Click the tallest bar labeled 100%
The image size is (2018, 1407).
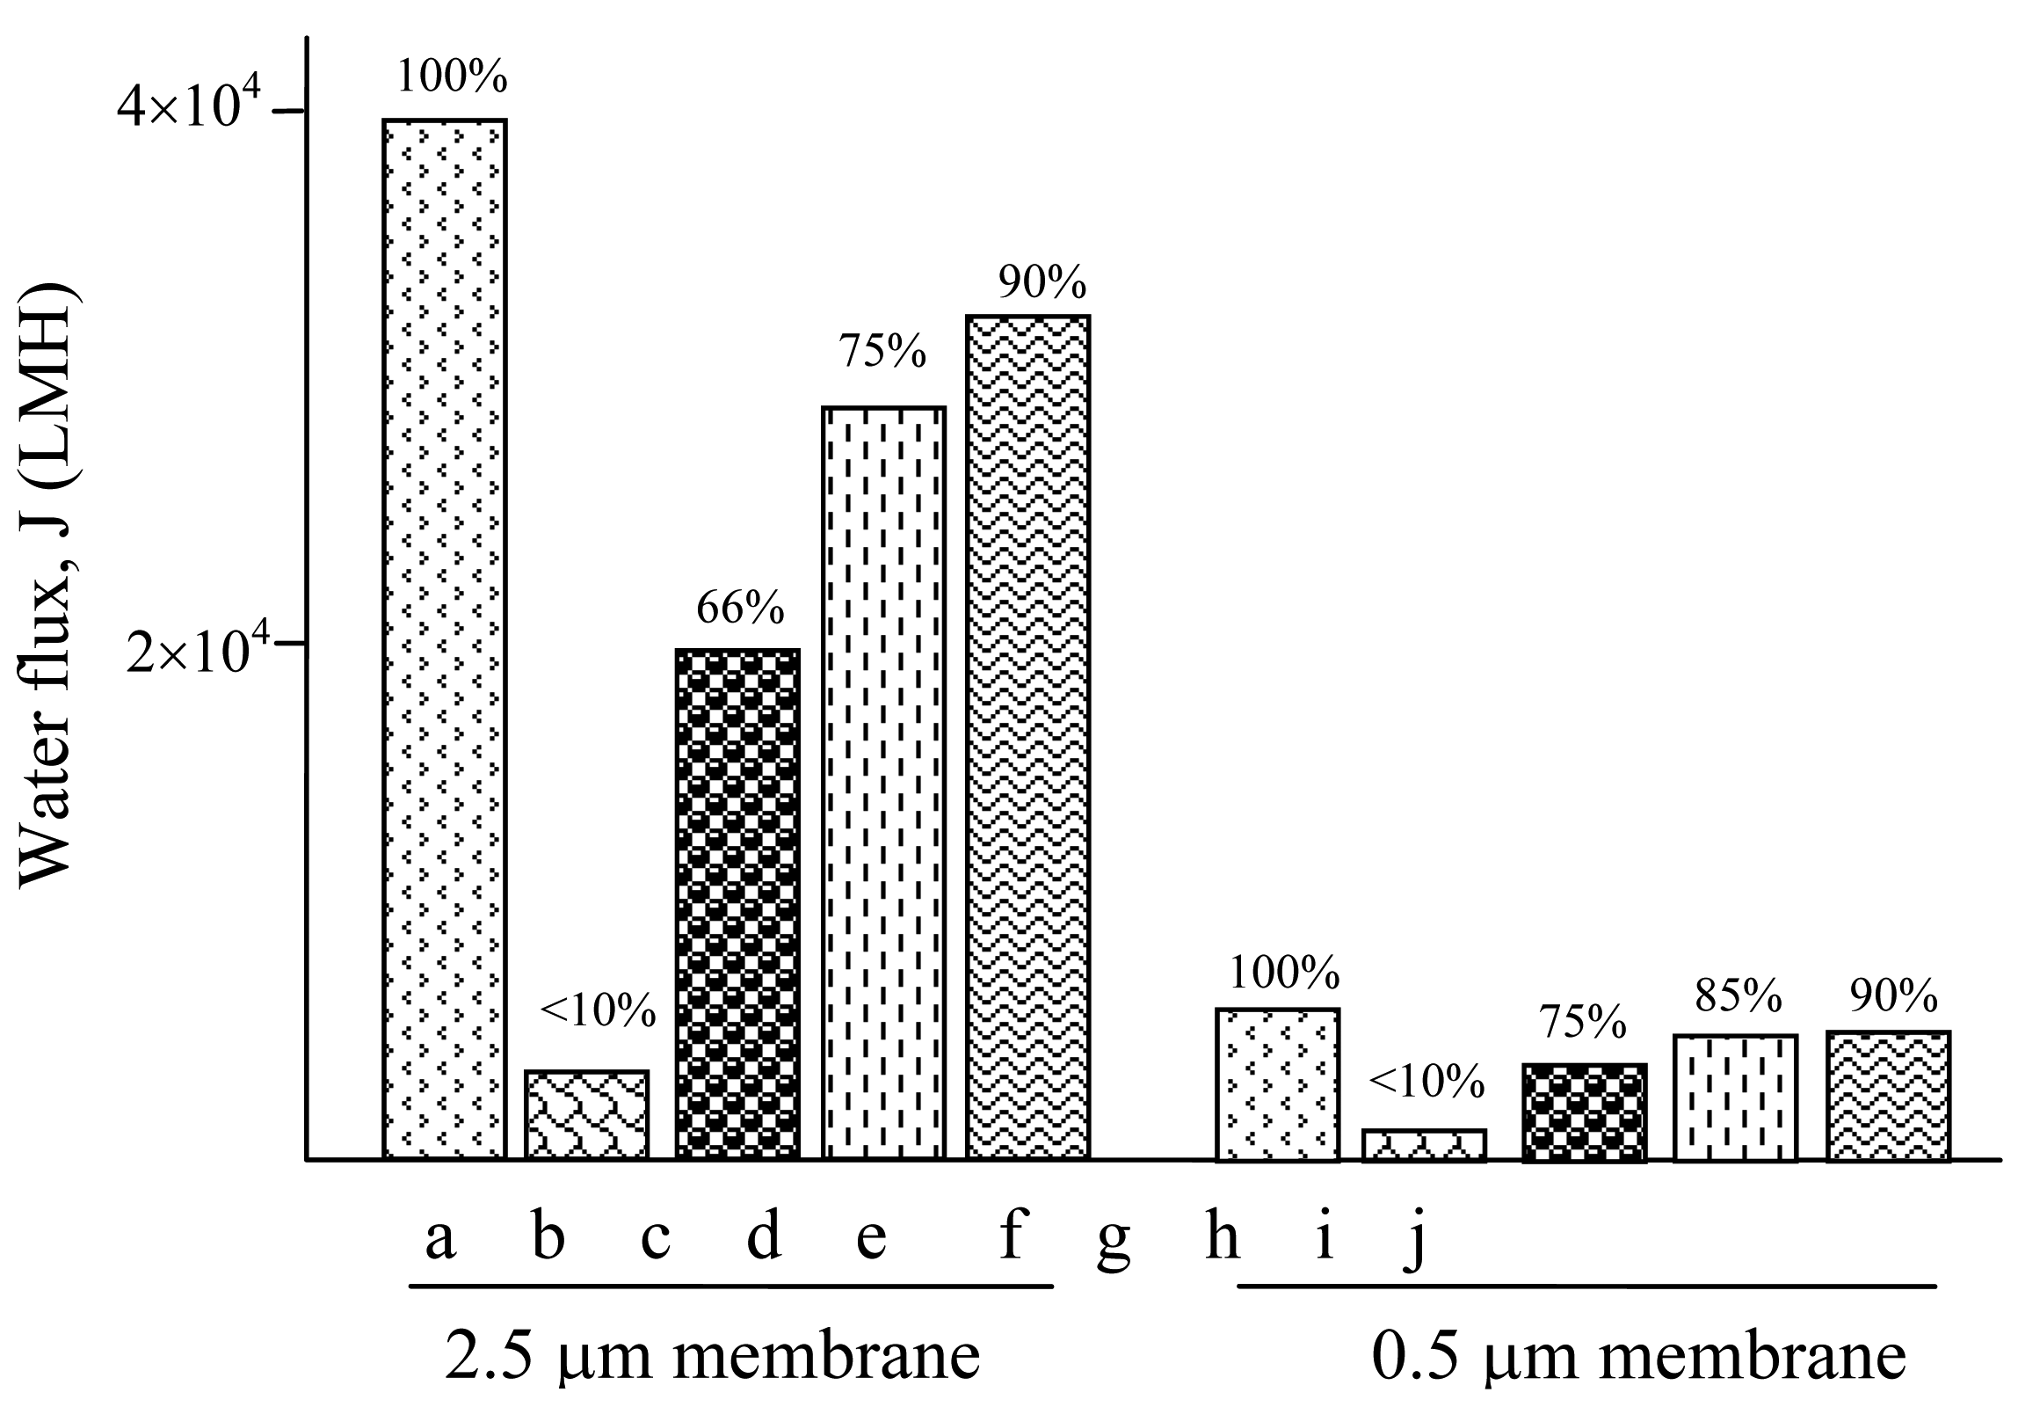pyautogui.click(x=444, y=638)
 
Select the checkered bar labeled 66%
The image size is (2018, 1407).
pyautogui.click(x=737, y=904)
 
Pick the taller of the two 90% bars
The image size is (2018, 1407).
pyautogui.click(x=1027, y=737)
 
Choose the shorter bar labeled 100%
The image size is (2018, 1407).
pyautogui.click(x=1277, y=1084)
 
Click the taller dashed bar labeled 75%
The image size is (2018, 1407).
pyautogui.click(x=883, y=783)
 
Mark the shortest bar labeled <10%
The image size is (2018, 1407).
pyautogui.click(x=1424, y=1145)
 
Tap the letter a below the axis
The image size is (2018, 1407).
pyautogui.click(x=439, y=1238)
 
